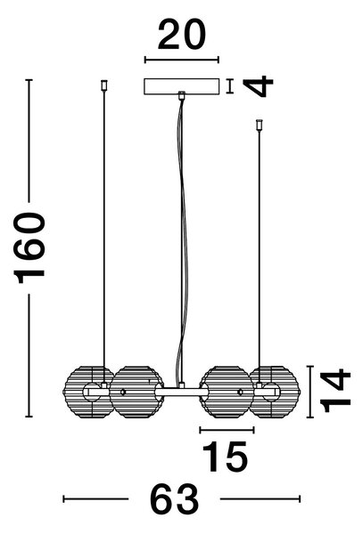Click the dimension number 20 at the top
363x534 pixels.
pos(182,35)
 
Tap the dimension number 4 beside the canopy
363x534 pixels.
pos(259,86)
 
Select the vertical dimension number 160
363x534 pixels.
pos(29,248)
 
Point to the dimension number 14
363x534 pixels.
pos(335,391)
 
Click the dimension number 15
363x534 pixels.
pos(225,457)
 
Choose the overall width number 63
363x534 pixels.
pos(174,499)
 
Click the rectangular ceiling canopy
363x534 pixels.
pos(182,87)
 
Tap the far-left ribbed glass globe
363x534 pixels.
pos(89,392)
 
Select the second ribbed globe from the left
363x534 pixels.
pos(136,392)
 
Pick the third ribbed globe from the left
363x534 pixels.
pos(227,392)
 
